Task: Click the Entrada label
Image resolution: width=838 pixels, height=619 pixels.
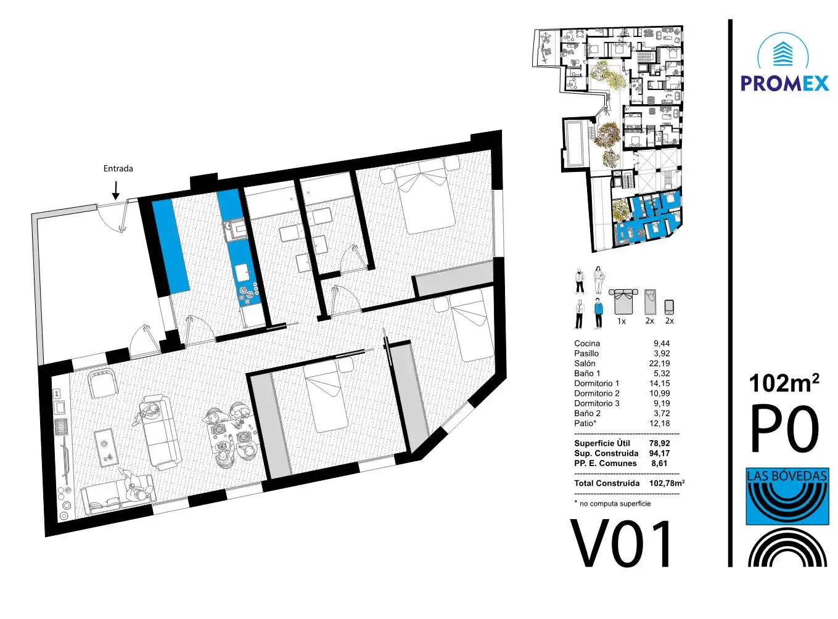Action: [x=118, y=168]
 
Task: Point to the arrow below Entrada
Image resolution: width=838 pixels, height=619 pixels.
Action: [x=116, y=190]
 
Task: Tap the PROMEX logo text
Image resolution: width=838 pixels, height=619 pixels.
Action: [x=784, y=83]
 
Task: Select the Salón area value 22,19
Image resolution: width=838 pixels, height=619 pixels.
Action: [x=659, y=363]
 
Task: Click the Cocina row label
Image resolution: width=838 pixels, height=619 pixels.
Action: [x=587, y=343]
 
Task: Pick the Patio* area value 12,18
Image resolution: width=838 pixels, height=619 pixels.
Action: [x=659, y=423]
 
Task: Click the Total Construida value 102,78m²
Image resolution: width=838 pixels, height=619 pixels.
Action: [x=667, y=483]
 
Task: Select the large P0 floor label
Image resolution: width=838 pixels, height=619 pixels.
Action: [x=784, y=429]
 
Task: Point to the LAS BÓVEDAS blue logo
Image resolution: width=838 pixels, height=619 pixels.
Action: [x=787, y=496]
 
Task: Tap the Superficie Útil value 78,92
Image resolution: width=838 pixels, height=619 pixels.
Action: [x=659, y=443]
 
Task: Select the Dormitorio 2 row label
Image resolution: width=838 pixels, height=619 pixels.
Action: [x=596, y=393]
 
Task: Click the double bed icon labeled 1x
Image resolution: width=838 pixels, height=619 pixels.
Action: [x=623, y=301]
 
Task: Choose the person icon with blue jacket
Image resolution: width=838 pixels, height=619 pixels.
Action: [x=598, y=313]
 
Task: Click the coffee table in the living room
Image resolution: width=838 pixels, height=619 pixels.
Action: [x=105, y=448]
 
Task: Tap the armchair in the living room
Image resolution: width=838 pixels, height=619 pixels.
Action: [x=102, y=383]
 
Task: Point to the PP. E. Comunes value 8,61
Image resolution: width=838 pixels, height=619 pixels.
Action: [x=659, y=463]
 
